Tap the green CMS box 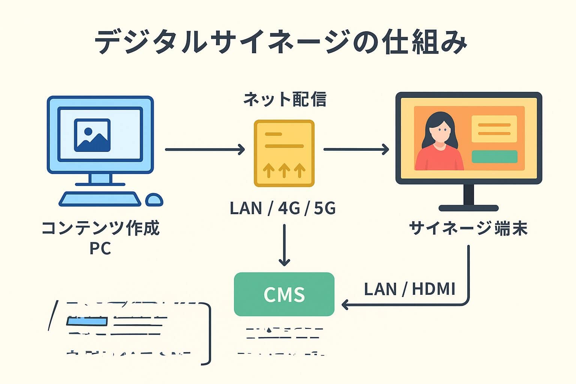click(284, 294)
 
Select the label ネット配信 click(285, 100)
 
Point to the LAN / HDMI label click(409, 289)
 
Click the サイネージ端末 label click(468, 228)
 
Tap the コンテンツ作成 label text click(100, 228)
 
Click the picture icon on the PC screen click(92, 135)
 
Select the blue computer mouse click(154, 199)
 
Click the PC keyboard click(100, 199)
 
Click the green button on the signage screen click(494, 157)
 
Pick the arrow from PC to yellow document click(205, 149)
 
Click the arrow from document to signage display click(356, 149)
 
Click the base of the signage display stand click(468, 208)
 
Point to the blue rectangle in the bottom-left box click(87, 321)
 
